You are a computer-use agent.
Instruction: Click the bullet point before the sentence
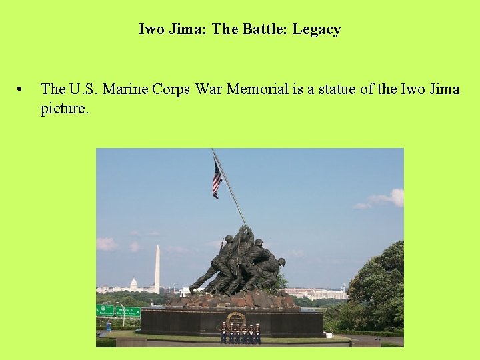click(x=22, y=89)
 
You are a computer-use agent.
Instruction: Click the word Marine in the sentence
click(x=131, y=89)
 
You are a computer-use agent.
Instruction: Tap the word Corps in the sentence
click(x=175, y=89)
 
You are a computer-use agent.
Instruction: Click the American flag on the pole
click(x=217, y=179)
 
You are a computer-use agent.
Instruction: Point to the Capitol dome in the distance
click(x=133, y=284)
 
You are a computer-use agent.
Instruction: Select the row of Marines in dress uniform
click(x=241, y=333)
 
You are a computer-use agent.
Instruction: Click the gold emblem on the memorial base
click(x=235, y=319)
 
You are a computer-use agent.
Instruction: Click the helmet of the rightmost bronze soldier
click(x=281, y=261)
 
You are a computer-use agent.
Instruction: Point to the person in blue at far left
click(x=109, y=326)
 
